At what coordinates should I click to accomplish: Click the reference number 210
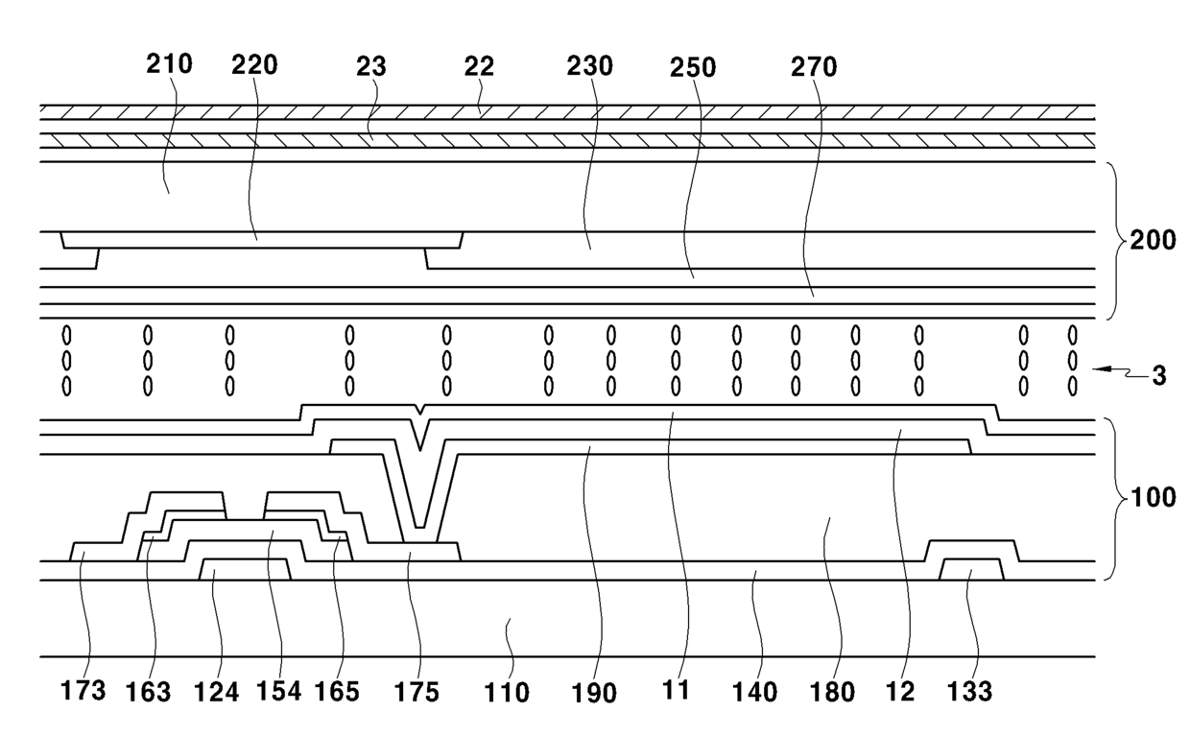169,65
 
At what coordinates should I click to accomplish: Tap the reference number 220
254,65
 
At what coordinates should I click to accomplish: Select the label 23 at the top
370,66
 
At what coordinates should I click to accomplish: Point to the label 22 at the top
479,66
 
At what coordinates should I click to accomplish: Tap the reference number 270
814,67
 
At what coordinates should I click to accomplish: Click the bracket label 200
1153,240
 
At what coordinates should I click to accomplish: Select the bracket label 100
1152,499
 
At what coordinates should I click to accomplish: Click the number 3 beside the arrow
1159,376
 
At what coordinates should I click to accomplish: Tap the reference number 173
83,691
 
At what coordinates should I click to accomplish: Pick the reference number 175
417,691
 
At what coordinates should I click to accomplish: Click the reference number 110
508,692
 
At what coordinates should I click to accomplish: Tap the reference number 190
595,692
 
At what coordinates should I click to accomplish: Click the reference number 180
833,692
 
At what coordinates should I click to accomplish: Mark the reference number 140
754,692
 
